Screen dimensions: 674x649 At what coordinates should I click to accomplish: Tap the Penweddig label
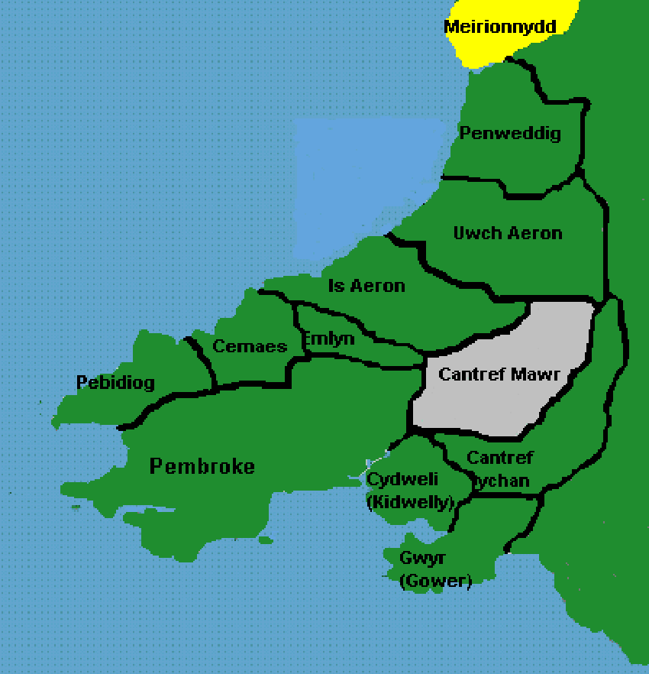[510, 134]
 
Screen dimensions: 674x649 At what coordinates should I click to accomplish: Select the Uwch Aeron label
[508, 233]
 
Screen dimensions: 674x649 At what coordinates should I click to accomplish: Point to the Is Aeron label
[366, 286]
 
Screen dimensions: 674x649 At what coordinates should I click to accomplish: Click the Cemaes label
[250, 346]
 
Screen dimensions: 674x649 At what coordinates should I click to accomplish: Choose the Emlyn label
[328, 339]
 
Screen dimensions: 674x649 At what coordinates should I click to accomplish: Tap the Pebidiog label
[115, 382]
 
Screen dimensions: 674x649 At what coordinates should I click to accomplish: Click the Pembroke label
[202, 466]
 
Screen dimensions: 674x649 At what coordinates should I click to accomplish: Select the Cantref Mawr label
[500, 375]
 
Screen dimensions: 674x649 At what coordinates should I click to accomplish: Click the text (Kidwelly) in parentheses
[411, 503]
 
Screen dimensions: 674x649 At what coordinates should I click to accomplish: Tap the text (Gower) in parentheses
[435, 582]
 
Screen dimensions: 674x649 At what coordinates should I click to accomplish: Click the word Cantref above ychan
[500, 458]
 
